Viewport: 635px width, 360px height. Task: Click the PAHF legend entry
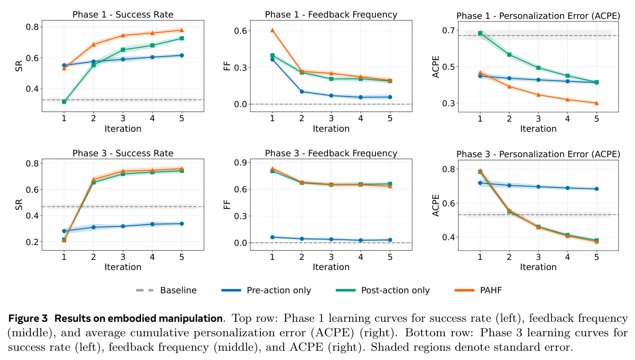(478, 290)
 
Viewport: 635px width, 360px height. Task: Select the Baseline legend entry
(166, 290)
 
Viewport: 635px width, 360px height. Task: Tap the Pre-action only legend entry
(266, 290)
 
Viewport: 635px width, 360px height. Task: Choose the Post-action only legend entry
(382, 290)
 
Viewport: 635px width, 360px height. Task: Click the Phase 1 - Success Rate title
(123, 14)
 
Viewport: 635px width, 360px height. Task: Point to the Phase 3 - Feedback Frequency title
(331, 153)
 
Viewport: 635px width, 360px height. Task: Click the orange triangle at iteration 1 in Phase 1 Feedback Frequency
(272, 30)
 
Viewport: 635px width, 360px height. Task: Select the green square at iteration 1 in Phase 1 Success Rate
(64, 101)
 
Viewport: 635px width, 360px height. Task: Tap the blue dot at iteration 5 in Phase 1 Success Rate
(182, 55)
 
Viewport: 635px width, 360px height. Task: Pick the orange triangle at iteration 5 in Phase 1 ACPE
(596, 103)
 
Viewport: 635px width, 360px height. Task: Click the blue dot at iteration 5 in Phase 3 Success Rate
(182, 223)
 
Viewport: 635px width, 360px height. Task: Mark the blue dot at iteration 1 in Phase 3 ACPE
(480, 183)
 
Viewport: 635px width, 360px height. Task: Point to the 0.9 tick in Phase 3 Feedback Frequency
(240, 162)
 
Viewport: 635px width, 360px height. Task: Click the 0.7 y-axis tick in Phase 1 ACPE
(448, 30)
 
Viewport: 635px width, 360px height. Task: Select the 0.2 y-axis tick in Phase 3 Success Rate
(32, 242)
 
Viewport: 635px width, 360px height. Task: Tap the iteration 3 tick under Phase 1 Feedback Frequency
(331, 118)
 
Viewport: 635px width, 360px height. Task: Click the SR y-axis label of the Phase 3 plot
(19, 205)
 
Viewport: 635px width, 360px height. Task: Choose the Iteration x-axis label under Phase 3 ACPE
(538, 267)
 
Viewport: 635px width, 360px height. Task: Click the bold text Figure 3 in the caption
(28, 318)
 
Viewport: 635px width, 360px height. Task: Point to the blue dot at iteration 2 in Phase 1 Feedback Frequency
(302, 92)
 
